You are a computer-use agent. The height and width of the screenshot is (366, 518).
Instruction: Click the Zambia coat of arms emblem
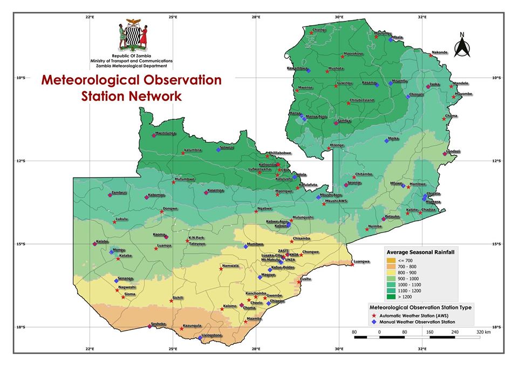point(133,36)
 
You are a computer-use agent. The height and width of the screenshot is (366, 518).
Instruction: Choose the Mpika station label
point(393,139)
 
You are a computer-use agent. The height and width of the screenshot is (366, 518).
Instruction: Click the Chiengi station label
point(319,30)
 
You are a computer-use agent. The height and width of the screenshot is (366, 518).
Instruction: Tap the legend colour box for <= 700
point(392,261)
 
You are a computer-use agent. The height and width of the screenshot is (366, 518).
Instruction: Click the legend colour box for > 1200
point(392,296)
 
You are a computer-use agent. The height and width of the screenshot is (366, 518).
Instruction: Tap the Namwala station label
point(230,265)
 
